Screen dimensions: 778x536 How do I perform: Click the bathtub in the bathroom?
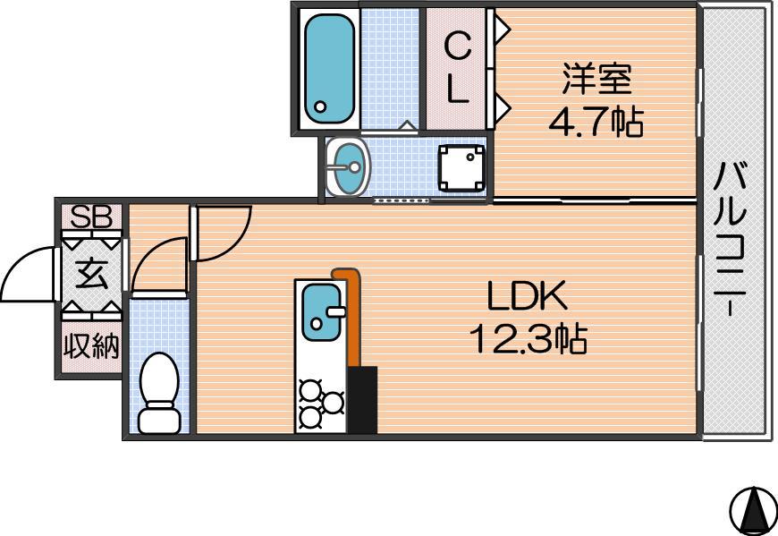[x=329, y=69]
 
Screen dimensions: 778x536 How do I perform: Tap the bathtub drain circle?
[x=320, y=106]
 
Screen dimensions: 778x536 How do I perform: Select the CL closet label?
[x=457, y=68]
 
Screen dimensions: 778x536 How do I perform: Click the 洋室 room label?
[x=596, y=79]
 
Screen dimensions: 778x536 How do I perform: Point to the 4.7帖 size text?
[x=596, y=122]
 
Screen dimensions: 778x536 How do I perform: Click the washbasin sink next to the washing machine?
[x=347, y=166]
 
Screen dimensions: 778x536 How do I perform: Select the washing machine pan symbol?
[x=461, y=167]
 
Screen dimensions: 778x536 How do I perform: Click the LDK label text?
[x=527, y=296]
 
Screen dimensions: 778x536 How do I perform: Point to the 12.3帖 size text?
[x=529, y=339]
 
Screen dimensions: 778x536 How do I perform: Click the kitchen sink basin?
[x=322, y=312]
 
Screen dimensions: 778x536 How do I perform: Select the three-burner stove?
[x=321, y=404]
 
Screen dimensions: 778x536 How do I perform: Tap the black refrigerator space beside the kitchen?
[x=362, y=400]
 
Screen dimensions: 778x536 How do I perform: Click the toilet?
[x=159, y=393]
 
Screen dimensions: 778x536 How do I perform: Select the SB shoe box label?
[x=91, y=217]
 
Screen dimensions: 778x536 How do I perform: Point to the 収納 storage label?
[x=92, y=346]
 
